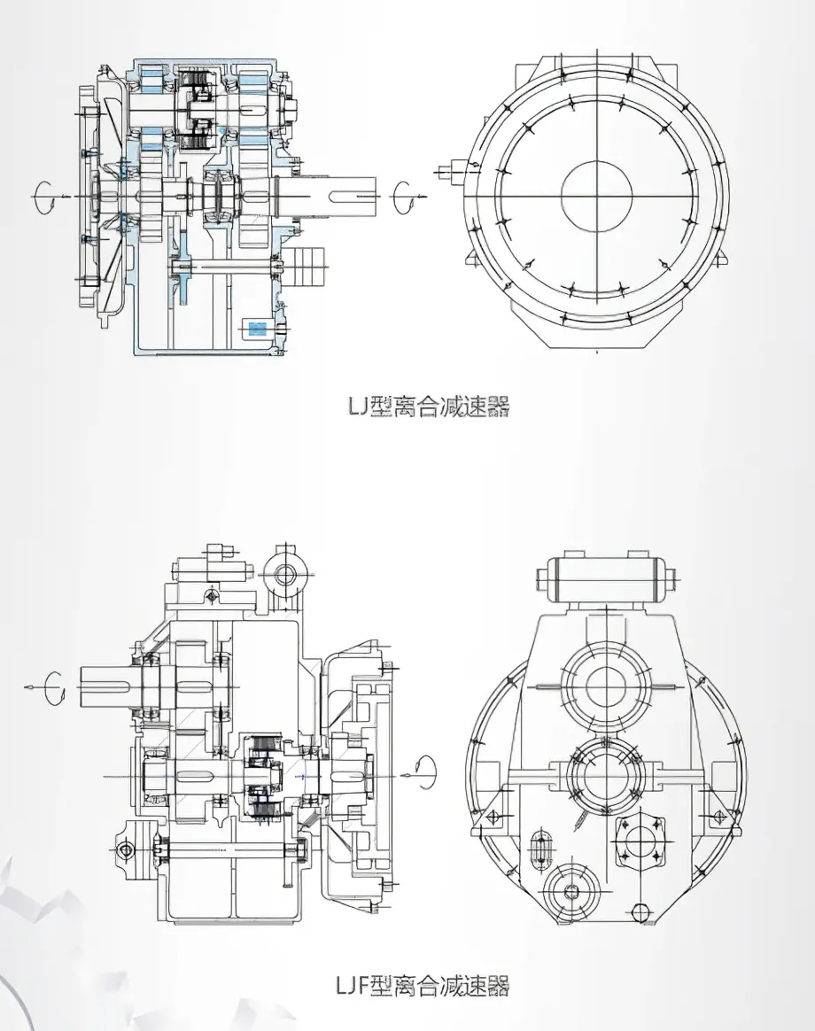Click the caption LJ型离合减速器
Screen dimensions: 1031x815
(x=428, y=407)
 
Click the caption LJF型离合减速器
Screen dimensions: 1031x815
(x=423, y=985)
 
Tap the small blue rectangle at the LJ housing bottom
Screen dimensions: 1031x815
(x=257, y=329)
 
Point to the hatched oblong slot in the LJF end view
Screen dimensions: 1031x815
(x=540, y=852)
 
